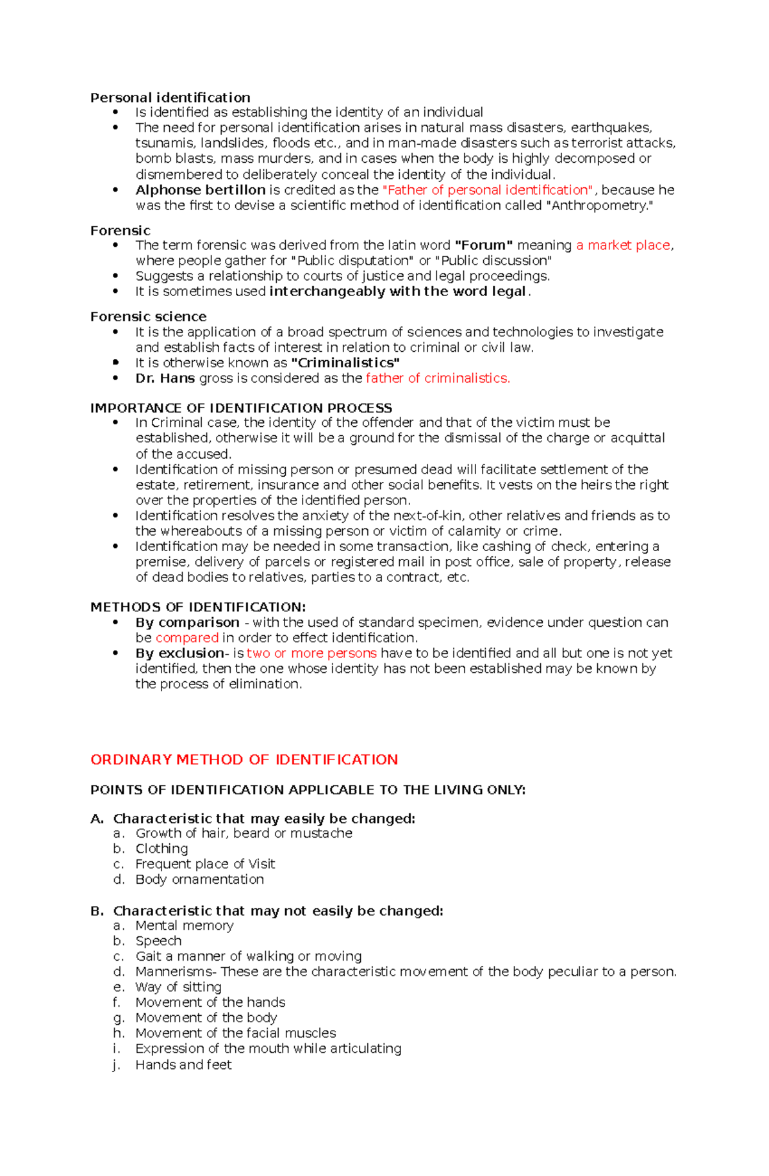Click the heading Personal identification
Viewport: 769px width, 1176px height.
pyautogui.click(x=170, y=97)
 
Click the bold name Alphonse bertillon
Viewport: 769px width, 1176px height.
pyautogui.click(x=200, y=190)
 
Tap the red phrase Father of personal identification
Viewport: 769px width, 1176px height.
pyautogui.click(x=487, y=190)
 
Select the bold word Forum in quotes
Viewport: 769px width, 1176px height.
pyautogui.click(x=483, y=245)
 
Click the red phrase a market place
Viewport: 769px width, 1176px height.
pyautogui.click(x=623, y=245)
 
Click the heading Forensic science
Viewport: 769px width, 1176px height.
pyautogui.click(x=148, y=317)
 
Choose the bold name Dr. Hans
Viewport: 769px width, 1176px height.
pyautogui.click(x=165, y=378)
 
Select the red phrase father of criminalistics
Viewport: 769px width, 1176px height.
pyautogui.click(x=438, y=378)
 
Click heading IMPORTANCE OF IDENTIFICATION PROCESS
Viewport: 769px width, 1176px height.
pyautogui.click(x=241, y=408)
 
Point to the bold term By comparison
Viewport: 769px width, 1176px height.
pyautogui.click(x=187, y=622)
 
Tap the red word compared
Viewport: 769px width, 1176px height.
pyautogui.click(x=186, y=638)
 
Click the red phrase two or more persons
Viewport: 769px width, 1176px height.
pyautogui.click(x=311, y=653)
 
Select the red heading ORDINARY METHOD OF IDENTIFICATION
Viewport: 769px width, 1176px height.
pyautogui.click(x=244, y=759)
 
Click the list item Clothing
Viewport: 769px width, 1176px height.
pyautogui.click(x=161, y=849)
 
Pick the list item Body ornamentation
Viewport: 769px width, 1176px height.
pyautogui.click(x=199, y=879)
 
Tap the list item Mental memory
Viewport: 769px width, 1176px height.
pyautogui.click(x=184, y=925)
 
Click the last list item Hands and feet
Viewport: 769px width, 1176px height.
pyautogui.click(x=183, y=1064)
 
